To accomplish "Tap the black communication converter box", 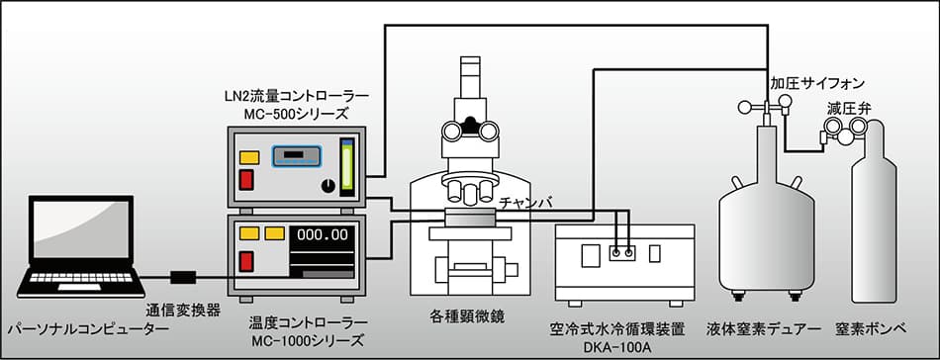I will [x=184, y=275].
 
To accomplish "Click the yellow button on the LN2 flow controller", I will [x=249, y=156].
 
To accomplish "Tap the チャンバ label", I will [x=526, y=204].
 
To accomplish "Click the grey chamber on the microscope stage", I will [x=473, y=218].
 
